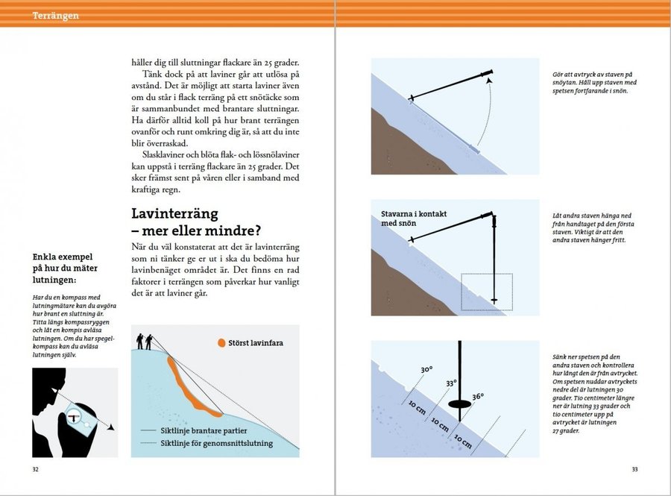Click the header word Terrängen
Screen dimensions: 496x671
coord(56,16)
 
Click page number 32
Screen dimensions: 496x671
coord(35,469)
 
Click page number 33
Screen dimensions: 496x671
coord(635,469)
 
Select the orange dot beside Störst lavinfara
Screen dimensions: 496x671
coord(221,344)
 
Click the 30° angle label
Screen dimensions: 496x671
coord(426,369)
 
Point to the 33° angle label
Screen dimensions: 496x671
coord(450,383)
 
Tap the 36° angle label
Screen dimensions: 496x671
coord(478,397)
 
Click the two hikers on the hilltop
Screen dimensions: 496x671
coord(145,341)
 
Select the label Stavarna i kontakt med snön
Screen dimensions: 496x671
coord(413,219)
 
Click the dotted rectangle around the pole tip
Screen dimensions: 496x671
coord(486,292)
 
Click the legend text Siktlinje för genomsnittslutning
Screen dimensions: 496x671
coord(216,443)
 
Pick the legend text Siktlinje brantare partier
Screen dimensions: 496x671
coord(205,430)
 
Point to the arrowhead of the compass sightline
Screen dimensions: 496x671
coord(110,429)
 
